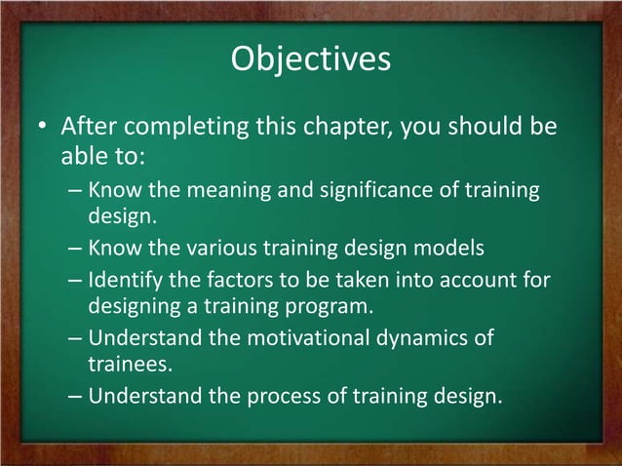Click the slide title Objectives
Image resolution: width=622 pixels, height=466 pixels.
click(311, 58)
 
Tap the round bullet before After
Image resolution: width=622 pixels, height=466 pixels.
click(42, 129)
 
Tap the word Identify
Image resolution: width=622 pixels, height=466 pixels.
click(121, 282)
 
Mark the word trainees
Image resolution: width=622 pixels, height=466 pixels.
click(125, 365)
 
